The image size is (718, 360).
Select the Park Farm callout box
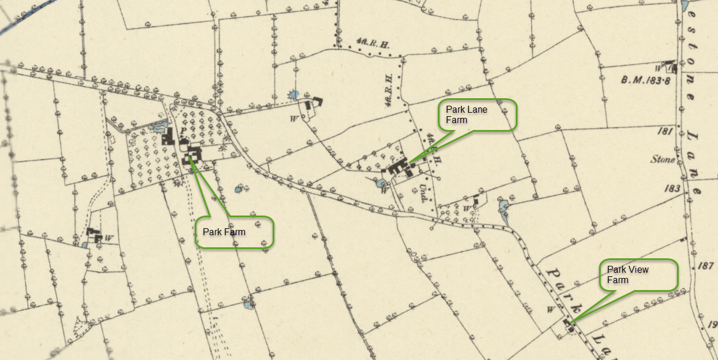234,232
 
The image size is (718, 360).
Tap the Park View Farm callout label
639,275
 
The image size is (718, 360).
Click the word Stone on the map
663,159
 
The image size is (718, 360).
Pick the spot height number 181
666,131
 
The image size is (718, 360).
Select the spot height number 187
705,266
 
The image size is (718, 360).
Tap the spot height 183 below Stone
672,188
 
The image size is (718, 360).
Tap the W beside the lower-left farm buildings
108,237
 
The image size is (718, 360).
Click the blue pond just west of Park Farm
160,124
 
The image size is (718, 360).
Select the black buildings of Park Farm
192,155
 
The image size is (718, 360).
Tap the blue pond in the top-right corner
685,6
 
